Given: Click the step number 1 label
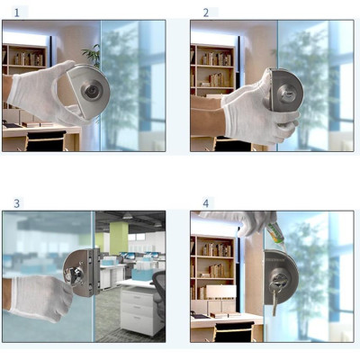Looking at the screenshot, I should tap(16, 12).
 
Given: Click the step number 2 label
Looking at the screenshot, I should tap(205, 12).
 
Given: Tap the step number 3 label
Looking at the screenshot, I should tap(16, 203).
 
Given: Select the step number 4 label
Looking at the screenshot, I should tap(205, 203).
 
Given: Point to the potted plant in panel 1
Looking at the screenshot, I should tap(93, 56).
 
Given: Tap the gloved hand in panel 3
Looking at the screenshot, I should tap(36, 294).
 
